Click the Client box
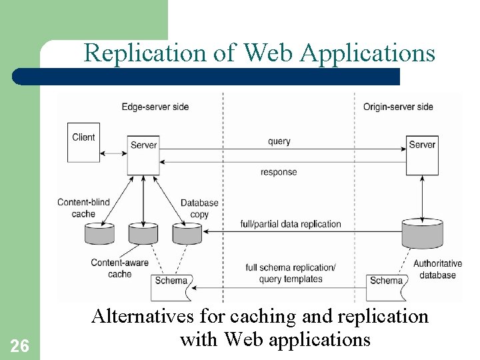[84, 142]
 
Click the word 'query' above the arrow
[279, 141]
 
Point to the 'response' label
[279, 172]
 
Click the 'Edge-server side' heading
[155, 107]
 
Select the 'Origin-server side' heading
[398, 107]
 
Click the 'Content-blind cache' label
[83, 208]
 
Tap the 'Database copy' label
[199, 209]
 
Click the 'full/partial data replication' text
[291, 224]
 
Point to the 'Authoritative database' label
[437, 269]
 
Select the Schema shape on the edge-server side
[172, 283]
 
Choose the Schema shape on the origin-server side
[387, 283]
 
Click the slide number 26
[20, 345]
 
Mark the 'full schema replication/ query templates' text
[291, 273]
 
